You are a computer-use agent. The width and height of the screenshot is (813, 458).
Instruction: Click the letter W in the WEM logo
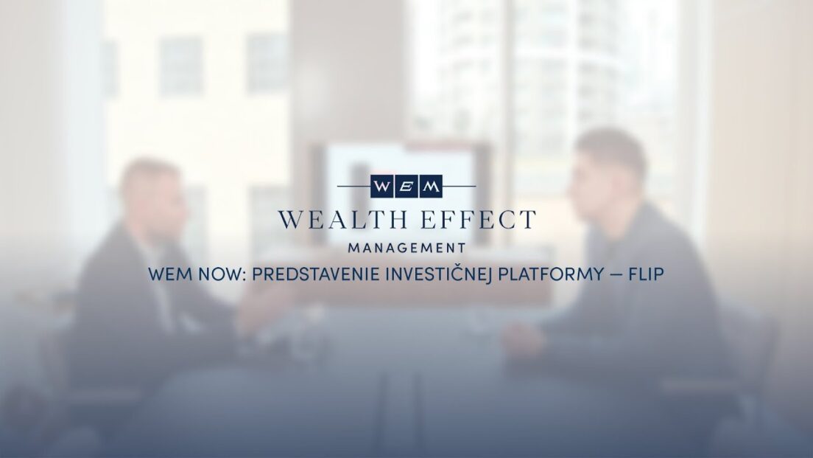(x=381, y=187)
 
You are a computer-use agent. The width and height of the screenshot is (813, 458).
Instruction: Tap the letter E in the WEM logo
(x=406, y=187)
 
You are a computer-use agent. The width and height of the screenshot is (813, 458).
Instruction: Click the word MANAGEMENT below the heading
(x=407, y=249)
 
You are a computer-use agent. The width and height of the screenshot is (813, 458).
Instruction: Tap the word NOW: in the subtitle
(x=222, y=274)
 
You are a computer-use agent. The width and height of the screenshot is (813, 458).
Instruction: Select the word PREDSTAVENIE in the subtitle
(x=316, y=274)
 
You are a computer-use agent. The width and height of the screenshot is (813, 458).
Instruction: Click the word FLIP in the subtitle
(x=646, y=274)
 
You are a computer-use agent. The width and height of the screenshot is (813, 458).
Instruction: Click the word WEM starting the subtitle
(x=170, y=274)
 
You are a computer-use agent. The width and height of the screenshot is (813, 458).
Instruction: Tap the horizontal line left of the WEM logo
(x=354, y=186)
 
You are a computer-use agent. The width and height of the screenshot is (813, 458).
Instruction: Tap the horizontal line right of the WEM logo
(x=459, y=186)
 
